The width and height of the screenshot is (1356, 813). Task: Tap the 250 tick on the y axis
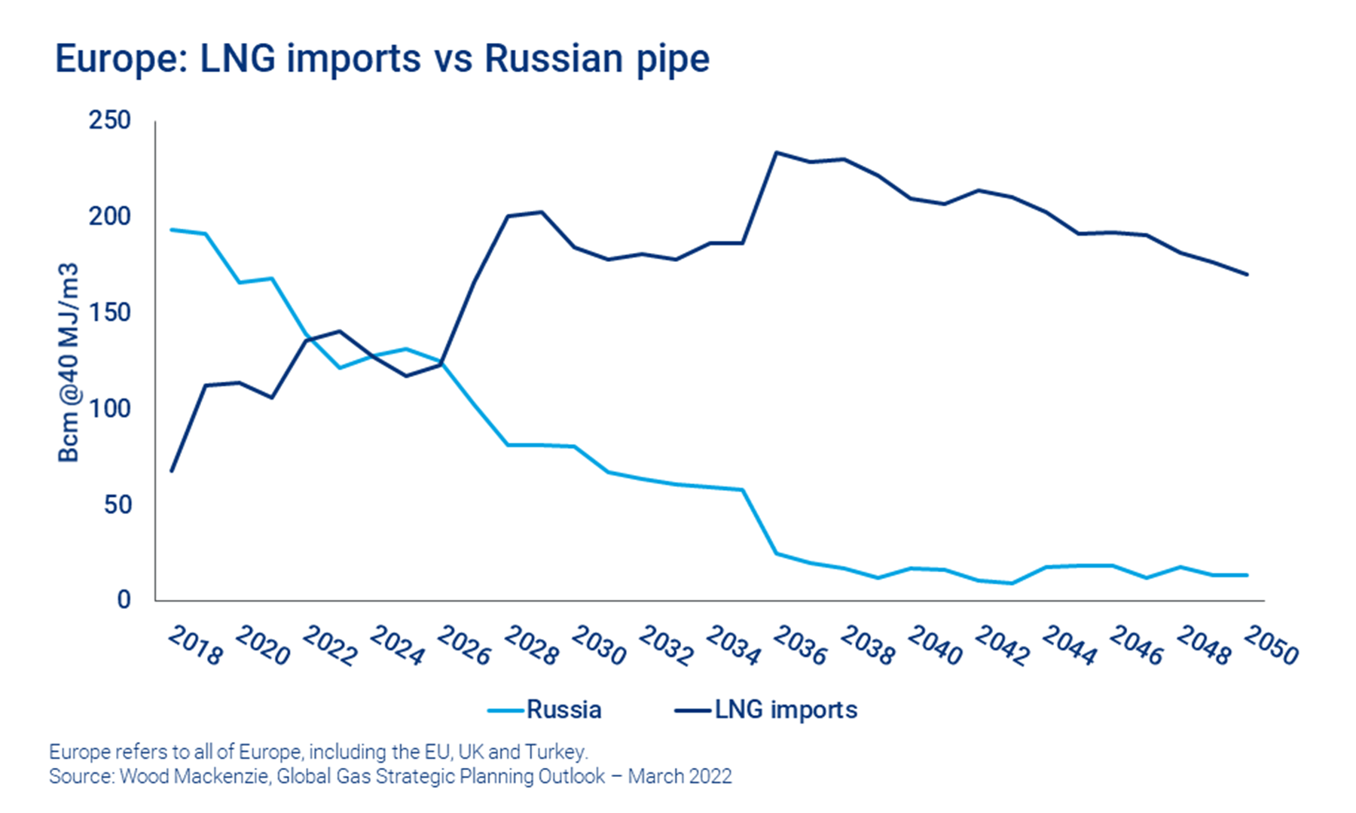click(109, 120)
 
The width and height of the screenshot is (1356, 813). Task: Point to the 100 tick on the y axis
click(109, 409)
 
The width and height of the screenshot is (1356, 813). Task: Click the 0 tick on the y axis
click(124, 600)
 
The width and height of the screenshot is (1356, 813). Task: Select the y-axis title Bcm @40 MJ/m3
click(69, 362)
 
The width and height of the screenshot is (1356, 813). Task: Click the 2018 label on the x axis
click(195, 647)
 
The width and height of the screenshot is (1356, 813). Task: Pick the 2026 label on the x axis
click(464, 647)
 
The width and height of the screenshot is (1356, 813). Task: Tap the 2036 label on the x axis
click(800, 647)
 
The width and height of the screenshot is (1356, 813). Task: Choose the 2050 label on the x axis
click(1271, 647)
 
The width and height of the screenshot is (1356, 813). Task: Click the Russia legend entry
click(563, 710)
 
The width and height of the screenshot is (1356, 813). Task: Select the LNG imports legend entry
click(785, 710)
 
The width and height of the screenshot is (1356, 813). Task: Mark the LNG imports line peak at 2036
click(777, 153)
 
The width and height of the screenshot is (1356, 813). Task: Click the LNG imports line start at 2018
click(172, 471)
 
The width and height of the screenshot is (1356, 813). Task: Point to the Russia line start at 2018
click(172, 230)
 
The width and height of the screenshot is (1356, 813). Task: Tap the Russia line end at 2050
click(1248, 575)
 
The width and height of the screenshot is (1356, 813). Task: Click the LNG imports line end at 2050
click(1248, 274)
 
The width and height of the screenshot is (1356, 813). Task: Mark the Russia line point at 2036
click(777, 553)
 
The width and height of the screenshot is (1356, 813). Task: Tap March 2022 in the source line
click(680, 776)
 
